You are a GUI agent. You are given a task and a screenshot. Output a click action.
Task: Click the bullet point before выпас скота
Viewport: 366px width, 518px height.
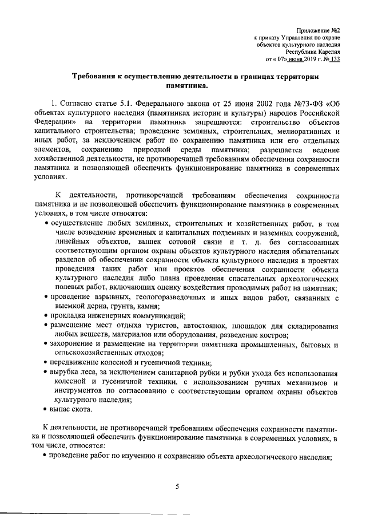click(46, 409)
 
